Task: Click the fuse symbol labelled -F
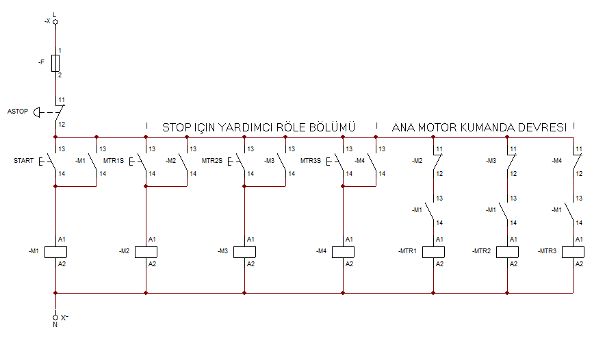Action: click(x=55, y=63)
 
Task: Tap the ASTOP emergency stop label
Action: click(x=18, y=112)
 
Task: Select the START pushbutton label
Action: click(x=23, y=161)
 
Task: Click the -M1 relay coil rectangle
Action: click(x=55, y=252)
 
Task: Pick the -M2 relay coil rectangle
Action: click(x=146, y=252)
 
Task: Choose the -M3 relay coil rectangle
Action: click(x=244, y=252)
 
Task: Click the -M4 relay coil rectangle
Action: click(x=343, y=252)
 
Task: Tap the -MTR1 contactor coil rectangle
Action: click(x=433, y=252)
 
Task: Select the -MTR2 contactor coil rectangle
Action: click(x=507, y=252)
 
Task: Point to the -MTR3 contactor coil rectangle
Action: click(x=573, y=252)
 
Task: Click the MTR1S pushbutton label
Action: click(x=114, y=161)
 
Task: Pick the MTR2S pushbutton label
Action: click(x=212, y=161)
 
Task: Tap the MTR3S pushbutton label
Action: click(x=311, y=161)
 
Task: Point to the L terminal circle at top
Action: click(x=55, y=22)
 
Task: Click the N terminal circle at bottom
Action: click(x=55, y=317)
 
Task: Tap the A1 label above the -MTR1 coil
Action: click(x=439, y=240)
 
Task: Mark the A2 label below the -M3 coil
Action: click(x=250, y=264)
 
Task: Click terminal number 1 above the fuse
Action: click(x=60, y=51)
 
